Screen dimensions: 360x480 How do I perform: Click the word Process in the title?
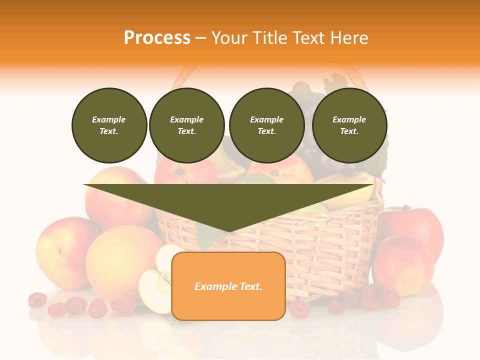(157, 38)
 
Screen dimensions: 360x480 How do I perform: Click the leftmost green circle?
(109, 125)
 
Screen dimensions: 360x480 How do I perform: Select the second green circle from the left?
(186, 125)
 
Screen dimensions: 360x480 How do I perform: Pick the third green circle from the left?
(266, 125)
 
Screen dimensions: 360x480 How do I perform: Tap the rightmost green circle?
(349, 125)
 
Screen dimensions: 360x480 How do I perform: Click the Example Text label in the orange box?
(228, 286)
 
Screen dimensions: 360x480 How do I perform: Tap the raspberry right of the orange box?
(299, 308)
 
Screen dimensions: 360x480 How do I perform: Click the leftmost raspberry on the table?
(37, 300)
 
